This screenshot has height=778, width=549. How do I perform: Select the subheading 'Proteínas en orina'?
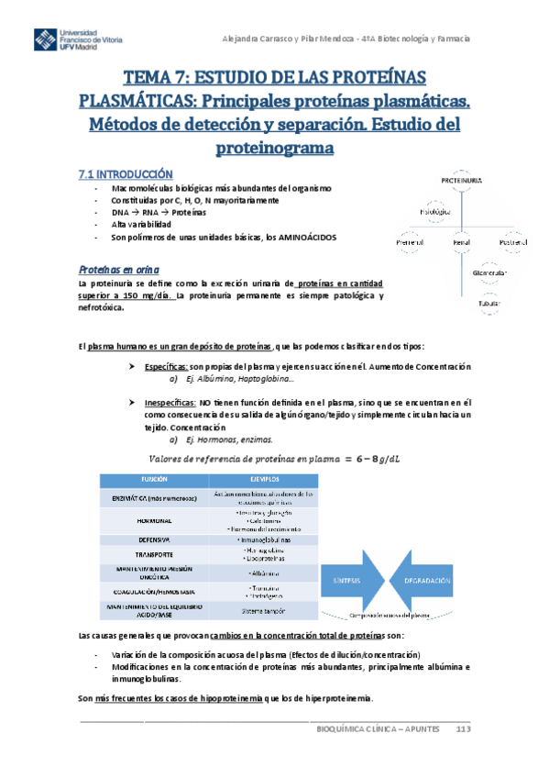[118, 270]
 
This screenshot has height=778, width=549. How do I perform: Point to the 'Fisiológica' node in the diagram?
[434, 212]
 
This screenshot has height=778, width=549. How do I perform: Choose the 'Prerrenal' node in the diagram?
[409, 242]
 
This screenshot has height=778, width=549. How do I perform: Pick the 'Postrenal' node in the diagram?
[513, 242]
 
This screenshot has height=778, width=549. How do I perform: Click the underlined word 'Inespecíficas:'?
[173, 403]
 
